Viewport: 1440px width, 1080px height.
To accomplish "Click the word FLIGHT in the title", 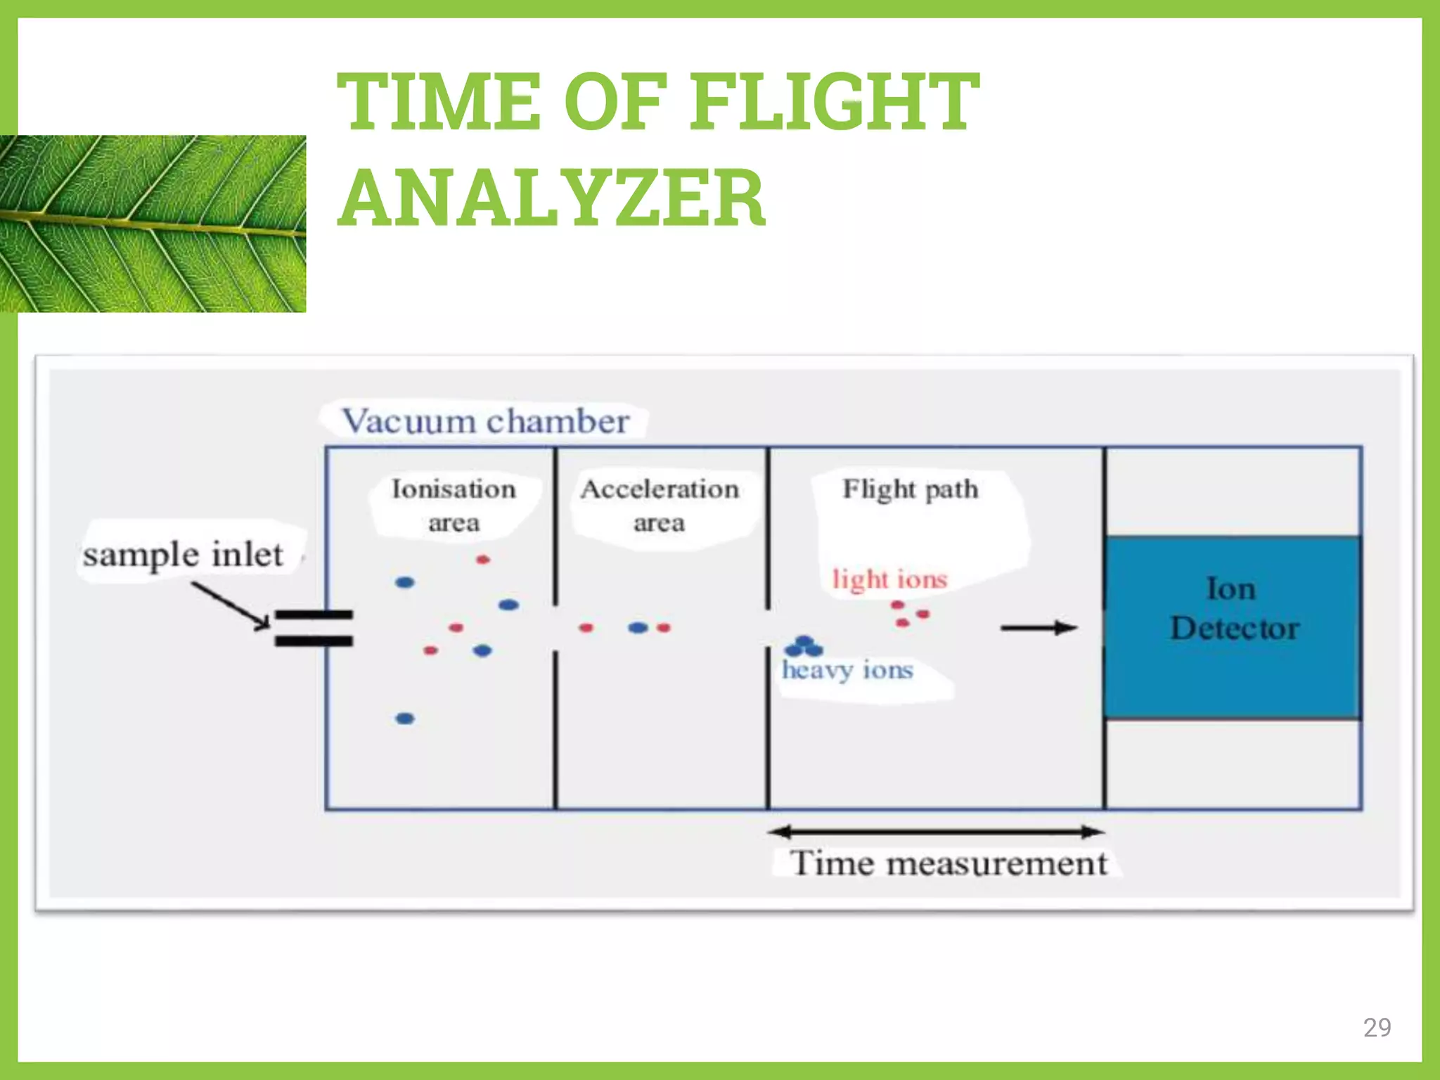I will click(835, 102).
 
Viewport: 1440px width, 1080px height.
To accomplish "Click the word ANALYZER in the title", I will click(552, 199).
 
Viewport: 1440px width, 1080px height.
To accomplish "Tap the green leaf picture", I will click(153, 224).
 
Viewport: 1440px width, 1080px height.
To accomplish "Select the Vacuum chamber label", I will click(485, 421).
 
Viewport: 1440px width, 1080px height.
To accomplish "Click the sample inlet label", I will click(183, 554).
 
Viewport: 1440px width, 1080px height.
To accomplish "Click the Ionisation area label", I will click(454, 505).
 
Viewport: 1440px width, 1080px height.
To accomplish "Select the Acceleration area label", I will click(660, 505).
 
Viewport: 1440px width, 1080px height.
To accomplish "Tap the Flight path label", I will click(910, 489).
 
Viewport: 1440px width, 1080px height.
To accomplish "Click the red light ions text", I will click(889, 579).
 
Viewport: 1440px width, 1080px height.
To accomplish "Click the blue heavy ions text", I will click(847, 670).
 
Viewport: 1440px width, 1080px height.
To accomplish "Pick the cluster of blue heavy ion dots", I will click(804, 646).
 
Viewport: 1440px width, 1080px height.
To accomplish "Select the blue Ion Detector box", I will click(1233, 626).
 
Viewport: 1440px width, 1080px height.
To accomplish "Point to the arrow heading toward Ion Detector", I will click(1039, 627).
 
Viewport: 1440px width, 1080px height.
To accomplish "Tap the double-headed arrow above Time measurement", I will click(936, 832).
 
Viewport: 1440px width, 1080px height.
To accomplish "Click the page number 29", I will click(1377, 1027).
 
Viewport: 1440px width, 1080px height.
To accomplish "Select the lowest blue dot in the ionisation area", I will click(405, 718).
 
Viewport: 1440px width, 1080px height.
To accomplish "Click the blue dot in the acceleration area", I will click(638, 627).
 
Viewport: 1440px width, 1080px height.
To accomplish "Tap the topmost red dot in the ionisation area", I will click(482, 560).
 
